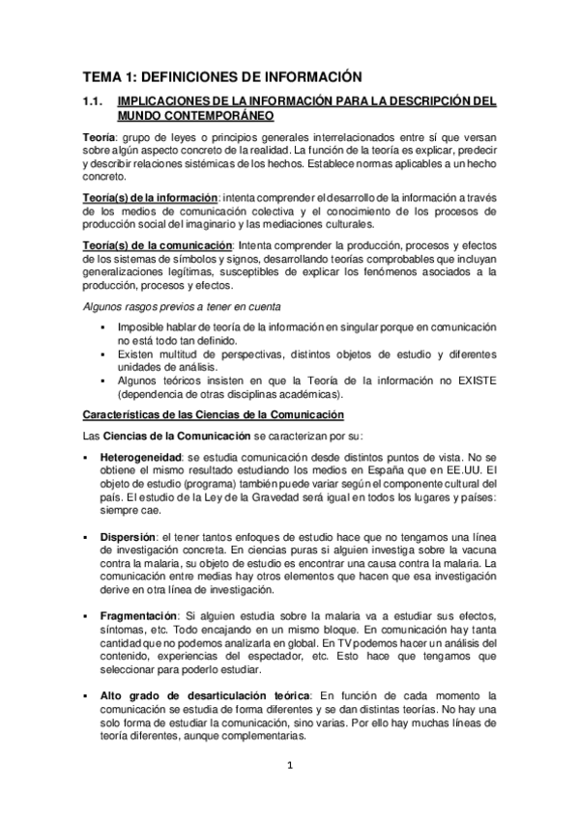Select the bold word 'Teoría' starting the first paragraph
coord(98,138)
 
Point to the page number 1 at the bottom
coord(290,769)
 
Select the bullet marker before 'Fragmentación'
coord(87,614)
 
